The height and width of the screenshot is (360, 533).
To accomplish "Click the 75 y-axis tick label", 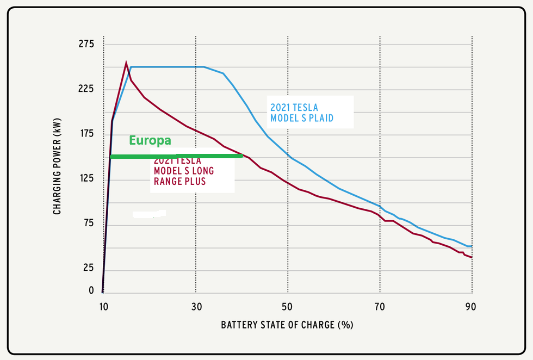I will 89,224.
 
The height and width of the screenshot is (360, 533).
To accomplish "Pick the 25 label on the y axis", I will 89,268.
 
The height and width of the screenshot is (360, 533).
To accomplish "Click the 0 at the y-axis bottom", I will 91,291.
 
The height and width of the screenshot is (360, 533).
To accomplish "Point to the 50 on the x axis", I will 288,307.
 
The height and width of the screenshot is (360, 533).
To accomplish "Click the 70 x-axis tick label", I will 380,307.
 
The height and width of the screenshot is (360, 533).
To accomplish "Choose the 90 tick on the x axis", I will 471,307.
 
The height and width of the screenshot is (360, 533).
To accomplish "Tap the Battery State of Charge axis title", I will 287,325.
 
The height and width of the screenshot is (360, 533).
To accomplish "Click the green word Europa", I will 150,140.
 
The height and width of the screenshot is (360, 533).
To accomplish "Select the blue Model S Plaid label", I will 302,112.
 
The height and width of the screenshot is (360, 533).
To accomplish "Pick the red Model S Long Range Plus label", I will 184,171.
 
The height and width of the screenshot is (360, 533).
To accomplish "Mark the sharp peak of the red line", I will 126,63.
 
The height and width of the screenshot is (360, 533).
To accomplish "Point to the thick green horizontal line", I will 176,157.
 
